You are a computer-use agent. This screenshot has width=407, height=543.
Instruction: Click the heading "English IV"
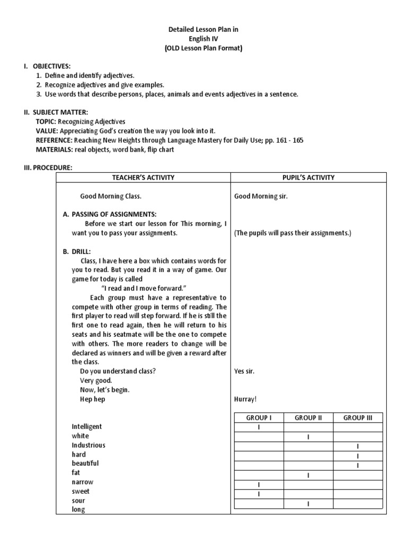point(203,39)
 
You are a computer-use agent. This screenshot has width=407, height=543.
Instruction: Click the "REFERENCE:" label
point(55,140)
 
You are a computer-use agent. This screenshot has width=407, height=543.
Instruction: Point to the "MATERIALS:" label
point(55,149)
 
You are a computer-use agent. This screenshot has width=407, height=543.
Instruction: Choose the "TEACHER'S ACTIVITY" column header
point(143,178)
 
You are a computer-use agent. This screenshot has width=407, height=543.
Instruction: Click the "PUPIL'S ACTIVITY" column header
point(308,178)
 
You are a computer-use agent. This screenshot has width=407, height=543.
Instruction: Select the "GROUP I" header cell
point(259,418)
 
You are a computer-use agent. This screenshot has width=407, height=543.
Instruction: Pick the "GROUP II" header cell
point(308,418)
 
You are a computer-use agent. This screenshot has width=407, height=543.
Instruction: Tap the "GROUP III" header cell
point(358,418)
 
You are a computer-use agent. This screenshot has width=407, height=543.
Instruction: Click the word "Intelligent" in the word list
point(87,426)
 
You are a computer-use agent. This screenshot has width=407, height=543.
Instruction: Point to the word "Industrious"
point(89,445)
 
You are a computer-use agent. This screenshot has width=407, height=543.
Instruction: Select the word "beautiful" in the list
point(85,463)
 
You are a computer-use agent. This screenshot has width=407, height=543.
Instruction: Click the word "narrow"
point(82,482)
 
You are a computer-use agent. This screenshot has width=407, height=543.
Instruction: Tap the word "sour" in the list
point(78,501)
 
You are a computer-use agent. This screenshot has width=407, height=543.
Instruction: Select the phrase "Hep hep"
point(93,399)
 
